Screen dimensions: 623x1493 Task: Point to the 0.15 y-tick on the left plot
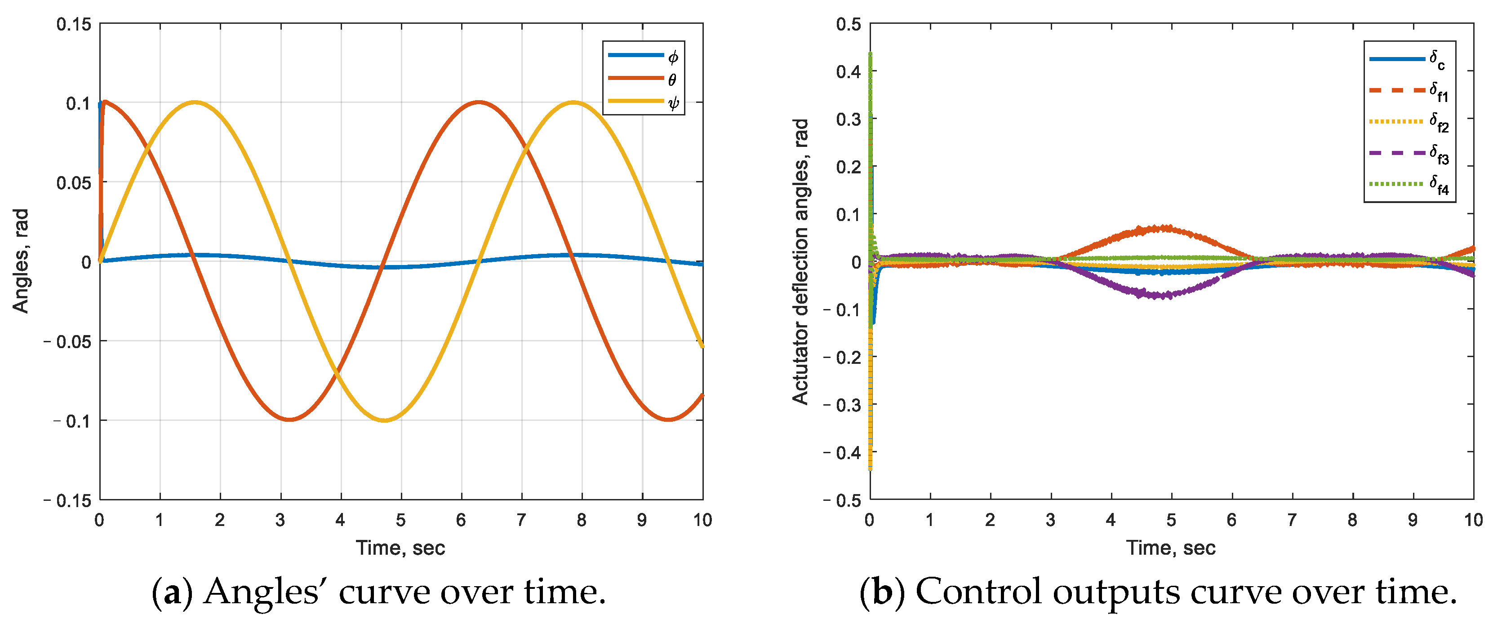(74, 24)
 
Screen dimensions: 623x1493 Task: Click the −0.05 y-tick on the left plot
(68, 342)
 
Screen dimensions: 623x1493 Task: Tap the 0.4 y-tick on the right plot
(849, 72)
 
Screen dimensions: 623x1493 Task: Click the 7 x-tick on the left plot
(521, 520)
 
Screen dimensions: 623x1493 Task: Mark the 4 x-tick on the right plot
(1111, 520)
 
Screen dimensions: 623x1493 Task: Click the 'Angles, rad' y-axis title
(21, 261)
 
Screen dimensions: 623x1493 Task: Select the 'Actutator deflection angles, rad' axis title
(800, 261)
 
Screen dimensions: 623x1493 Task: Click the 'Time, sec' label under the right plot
(1170, 548)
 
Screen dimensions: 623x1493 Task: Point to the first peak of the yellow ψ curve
(195, 102)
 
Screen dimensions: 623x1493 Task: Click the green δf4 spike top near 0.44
(870, 54)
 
